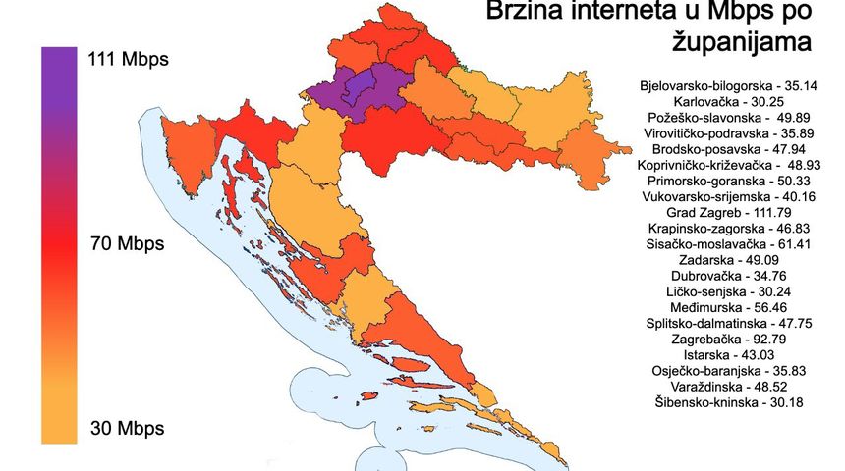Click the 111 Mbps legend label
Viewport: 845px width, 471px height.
128,60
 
